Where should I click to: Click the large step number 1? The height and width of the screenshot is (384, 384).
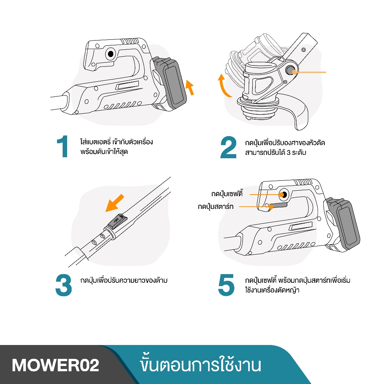63,147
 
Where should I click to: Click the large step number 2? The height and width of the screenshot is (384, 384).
228,147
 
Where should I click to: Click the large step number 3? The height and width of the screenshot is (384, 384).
63,285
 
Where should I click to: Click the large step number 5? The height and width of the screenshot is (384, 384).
226,285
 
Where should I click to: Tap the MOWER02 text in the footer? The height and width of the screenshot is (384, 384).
55,365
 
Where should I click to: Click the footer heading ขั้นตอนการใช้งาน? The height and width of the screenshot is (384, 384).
199,365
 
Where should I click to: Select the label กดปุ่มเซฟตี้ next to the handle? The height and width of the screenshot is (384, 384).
227,194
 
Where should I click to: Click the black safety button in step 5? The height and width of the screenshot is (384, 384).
284,194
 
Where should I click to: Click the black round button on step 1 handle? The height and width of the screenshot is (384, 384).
110,54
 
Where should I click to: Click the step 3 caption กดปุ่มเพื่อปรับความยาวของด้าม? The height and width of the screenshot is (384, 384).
124,280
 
